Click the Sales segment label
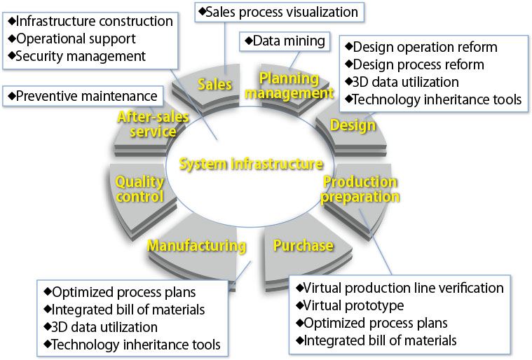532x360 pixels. click(214, 85)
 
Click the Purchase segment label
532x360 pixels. click(303, 245)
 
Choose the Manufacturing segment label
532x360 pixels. click(196, 246)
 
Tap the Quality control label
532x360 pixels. click(139, 189)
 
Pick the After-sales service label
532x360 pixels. click(147, 124)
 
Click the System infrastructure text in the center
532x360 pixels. click(251, 164)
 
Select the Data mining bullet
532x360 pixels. click(284, 41)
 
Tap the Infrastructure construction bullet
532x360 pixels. click(89, 21)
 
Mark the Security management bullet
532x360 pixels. click(76, 55)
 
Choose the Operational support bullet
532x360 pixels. click(71, 39)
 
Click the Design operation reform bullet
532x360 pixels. click(421, 47)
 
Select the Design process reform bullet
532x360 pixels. click(415, 64)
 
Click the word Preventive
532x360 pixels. click(43, 95)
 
